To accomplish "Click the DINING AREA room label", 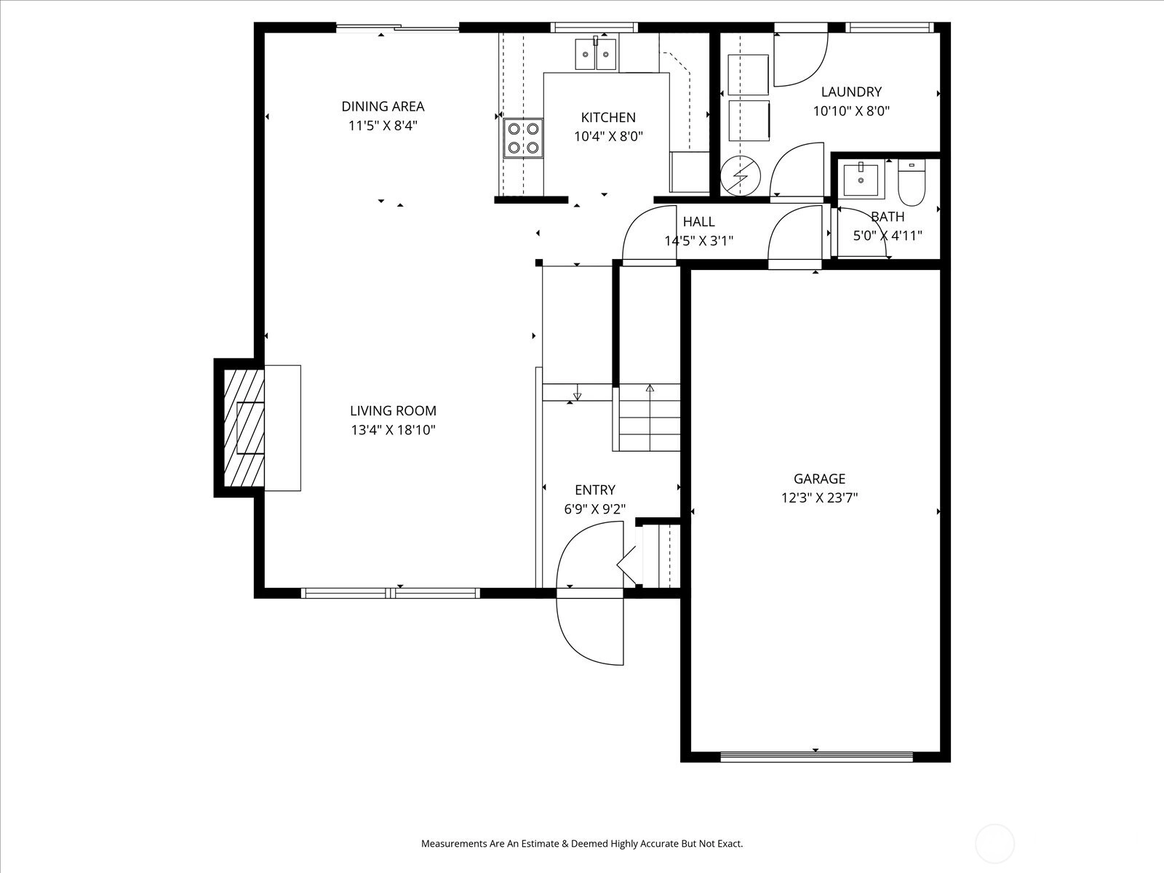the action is coord(383,106).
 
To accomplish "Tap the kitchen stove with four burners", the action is coord(523,137).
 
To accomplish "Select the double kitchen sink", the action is coord(596,54).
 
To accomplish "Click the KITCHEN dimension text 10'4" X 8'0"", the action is coord(608,137).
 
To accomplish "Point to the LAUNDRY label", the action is coord(851,92).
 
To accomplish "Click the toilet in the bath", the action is coord(912,183).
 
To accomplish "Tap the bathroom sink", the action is coord(861,180).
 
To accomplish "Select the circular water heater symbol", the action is coord(741,176).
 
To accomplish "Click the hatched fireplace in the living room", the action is coord(244,428).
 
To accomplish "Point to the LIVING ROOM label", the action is coord(393,411).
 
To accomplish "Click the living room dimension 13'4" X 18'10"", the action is coord(393,430).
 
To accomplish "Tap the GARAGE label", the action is coord(819,479).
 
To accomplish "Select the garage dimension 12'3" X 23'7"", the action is coord(819,498).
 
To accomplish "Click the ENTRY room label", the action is coord(595,490).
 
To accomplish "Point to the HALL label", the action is coord(698,222).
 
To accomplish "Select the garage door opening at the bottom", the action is coord(816,757).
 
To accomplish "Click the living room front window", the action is coord(391,593).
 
